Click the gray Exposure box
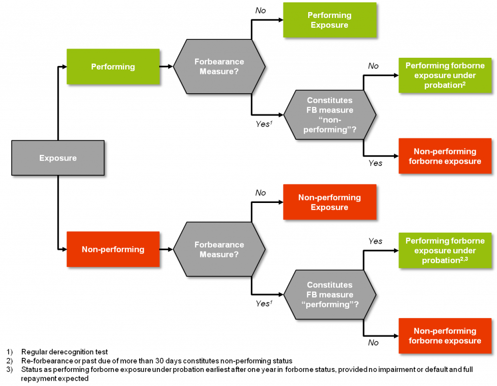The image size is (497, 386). pyautogui.click(x=58, y=158)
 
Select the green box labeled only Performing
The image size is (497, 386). pyautogui.click(x=113, y=67)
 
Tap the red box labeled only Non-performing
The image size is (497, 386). pyautogui.click(x=113, y=249)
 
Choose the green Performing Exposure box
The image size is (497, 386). pyautogui.click(x=330, y=20)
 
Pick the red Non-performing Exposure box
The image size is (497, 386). pyautogui.click(x=330, y=202)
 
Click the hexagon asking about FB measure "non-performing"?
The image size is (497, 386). pyautogui.click(x=330, y=115)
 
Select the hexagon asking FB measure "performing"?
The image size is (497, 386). pyautogui.click(x=330, y=295)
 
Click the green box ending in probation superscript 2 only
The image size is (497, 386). pyautogui.click(x=445, y=75)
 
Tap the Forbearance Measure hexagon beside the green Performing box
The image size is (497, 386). pyautogui.click(x=219, y=67)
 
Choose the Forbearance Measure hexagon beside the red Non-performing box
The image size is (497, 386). pyautogui.click(x=219, y=249)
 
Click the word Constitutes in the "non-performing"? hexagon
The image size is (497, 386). pyautogui.click(x=330, y=100)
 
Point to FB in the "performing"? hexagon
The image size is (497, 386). pyautogui.click(x=312, y=295)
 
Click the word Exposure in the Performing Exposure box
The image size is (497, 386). pyautogui.click(x=330, y=25)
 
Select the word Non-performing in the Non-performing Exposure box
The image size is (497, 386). pyautogui.click(x=330, y=197)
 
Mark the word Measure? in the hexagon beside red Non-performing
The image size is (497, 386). pyautogui.click(x=219, y=254)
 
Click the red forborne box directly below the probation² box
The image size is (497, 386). pyautogui.click(x=445, y=156)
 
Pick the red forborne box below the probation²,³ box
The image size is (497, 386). pyautogui.click(x=445, y=336)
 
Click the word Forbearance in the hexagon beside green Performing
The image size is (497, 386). pyautogui.click(x=219, y=62)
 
